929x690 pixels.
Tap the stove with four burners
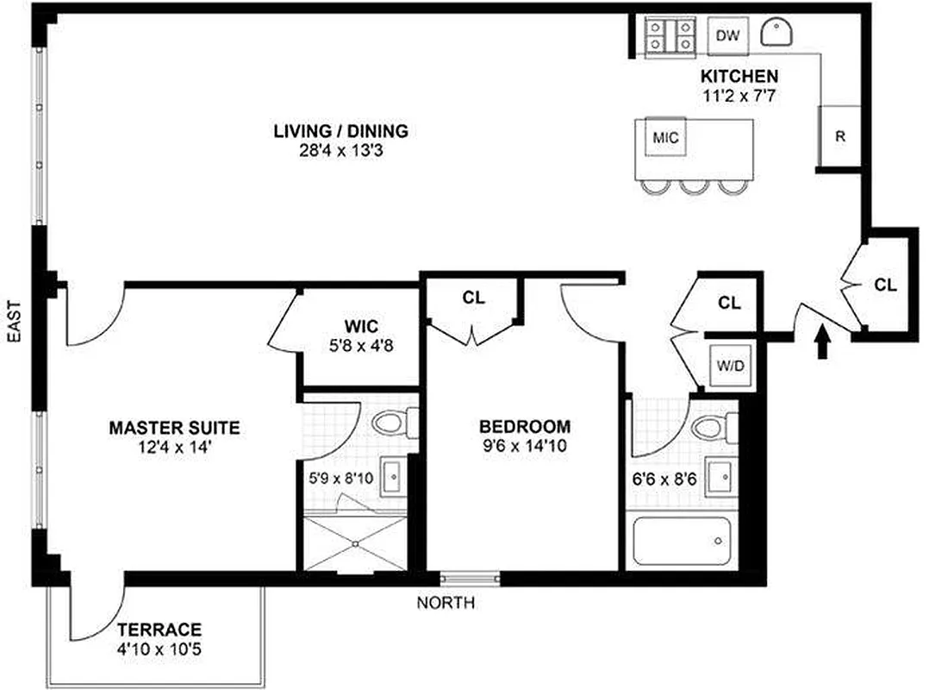point(670,36)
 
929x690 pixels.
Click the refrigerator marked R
point(839,135)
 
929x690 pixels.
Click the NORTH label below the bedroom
point(446,604)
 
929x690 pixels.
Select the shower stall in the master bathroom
point(354,543)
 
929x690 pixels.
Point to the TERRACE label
point(159,629)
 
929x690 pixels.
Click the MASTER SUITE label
point(174,427)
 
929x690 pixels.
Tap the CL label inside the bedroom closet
point(473,298)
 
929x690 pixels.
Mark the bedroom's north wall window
point(470,578)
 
